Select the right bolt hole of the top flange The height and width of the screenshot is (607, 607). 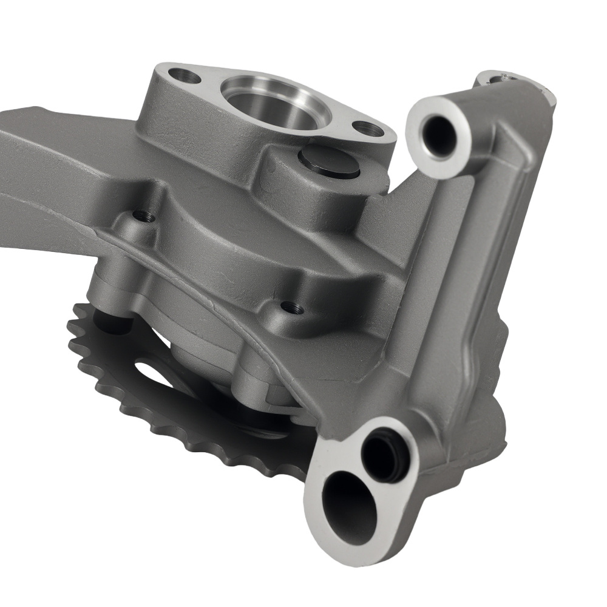click(368, 128)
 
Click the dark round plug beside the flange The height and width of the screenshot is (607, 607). click(329, 160)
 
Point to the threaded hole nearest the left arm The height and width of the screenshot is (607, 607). click(141, 215)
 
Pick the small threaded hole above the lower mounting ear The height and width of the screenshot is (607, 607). click(294, 308)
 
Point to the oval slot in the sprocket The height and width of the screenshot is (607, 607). click(149, 370)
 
